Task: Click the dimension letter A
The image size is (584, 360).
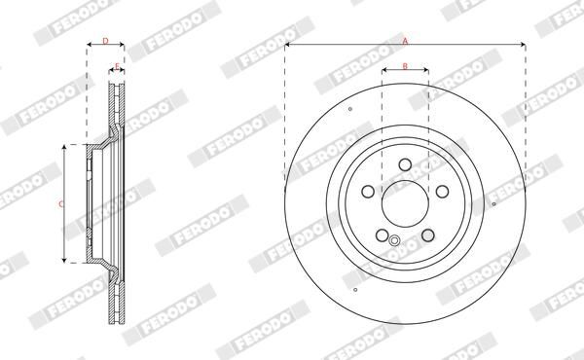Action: (x=405, y=41)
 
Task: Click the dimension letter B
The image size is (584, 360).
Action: (x=405, y=66)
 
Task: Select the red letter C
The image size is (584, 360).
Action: (x=61, y=204)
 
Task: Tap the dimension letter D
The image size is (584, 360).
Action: (x=105, y=41)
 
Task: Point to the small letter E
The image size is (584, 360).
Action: (x=117, y=66)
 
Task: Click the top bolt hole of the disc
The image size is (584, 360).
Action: (x=405, y=164)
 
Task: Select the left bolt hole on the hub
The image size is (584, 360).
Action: (x=368, y=192)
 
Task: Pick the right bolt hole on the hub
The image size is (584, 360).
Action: (x=442, y=192)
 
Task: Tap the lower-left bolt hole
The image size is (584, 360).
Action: (x=383, y=234)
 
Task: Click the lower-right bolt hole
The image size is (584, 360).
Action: (x=428, y=234)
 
